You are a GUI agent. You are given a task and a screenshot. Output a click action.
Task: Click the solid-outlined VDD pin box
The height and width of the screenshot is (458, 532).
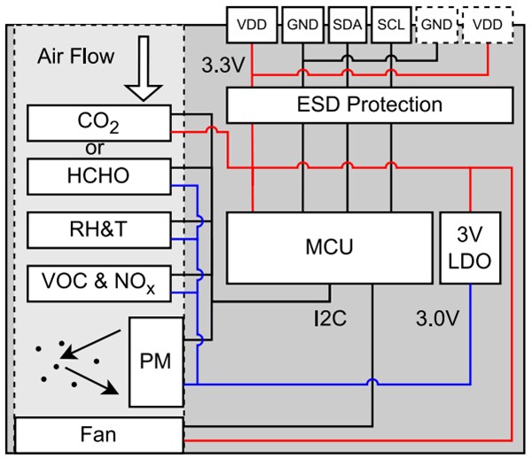pyautogui.click(x=253, y=23)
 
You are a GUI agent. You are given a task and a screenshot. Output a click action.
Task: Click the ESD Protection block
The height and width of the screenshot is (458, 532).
pyautogui.click(x=370, y=105)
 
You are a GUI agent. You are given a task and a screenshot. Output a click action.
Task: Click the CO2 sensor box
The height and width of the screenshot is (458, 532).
pyautogui.click(x=98, y=122)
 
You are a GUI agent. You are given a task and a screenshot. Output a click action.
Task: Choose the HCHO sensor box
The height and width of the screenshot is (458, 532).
pyautogui.click(x=98, y=175)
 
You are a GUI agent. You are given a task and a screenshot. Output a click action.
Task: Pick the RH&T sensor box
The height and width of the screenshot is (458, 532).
pyautogui.click(x=98, y=229)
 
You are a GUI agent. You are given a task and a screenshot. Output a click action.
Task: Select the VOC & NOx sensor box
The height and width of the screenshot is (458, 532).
pyautogui.click(x=98, y=283)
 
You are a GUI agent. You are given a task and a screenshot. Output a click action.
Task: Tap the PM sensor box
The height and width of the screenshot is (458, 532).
pyautogui.click(x=156, y=360)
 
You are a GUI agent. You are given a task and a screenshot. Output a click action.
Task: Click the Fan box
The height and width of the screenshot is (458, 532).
pyautogui.click(x=98, y=436)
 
